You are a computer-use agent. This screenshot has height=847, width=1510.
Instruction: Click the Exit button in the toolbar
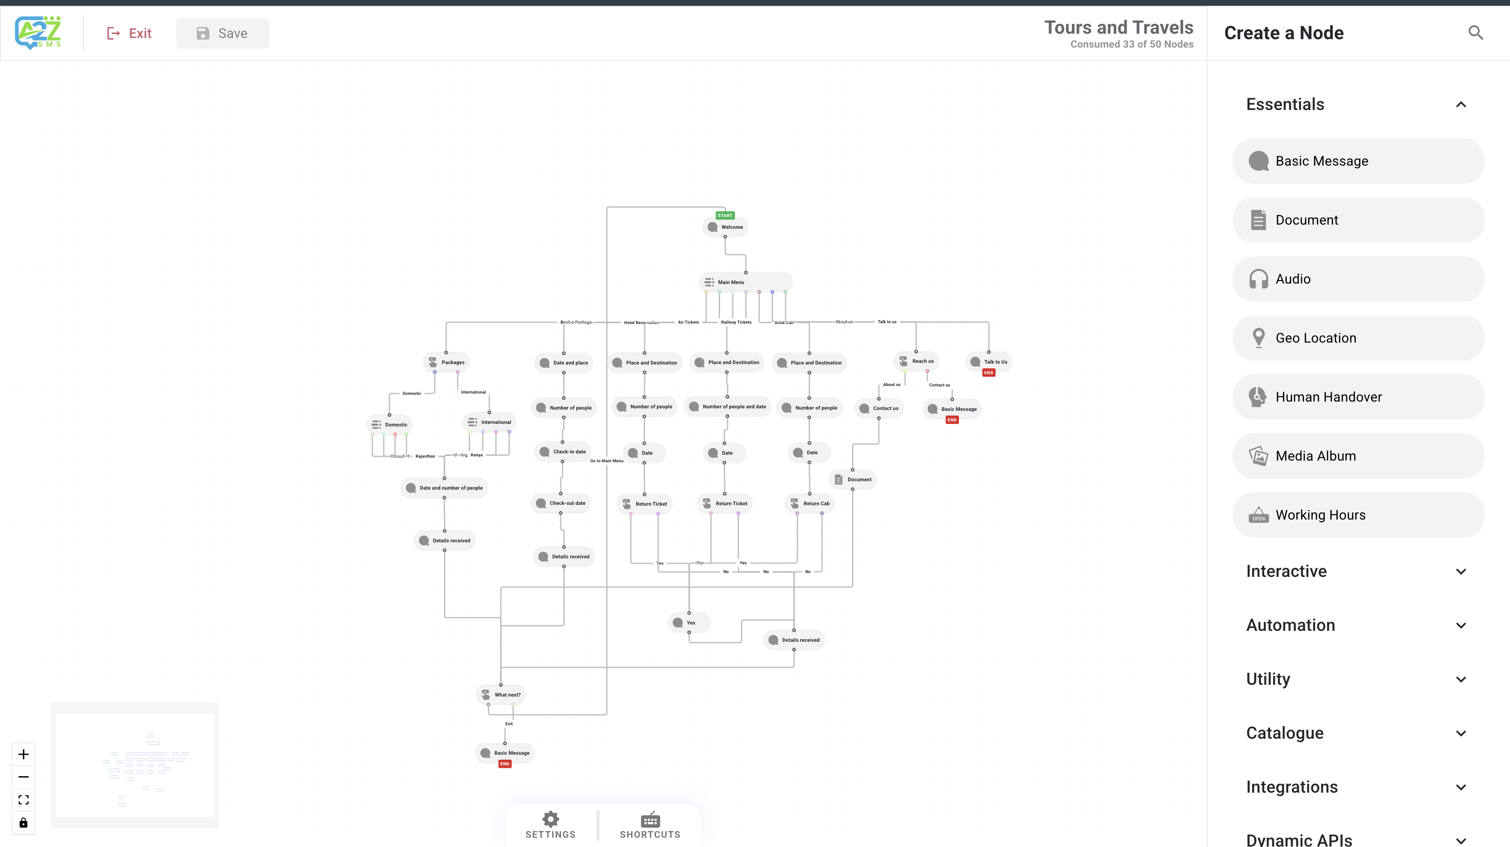click(129, 33)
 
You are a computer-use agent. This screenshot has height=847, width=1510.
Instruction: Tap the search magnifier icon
click(1475, 33)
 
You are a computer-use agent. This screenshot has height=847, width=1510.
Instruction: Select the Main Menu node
click(731, 282)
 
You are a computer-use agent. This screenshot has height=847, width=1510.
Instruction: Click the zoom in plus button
click(24, 754)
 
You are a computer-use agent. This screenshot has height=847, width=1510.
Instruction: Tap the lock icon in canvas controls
click(24, 823)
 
